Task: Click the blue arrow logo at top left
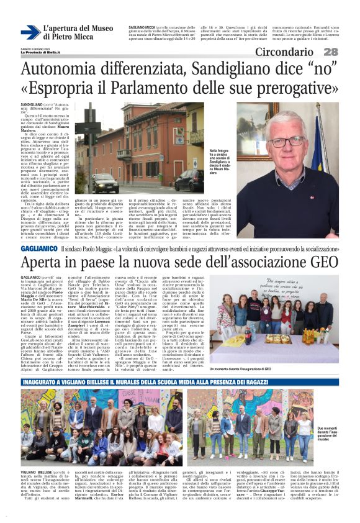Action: tap(30, 32)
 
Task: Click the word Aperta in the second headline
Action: tap(46, 262)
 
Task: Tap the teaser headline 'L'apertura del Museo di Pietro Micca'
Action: tap(77, 32)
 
